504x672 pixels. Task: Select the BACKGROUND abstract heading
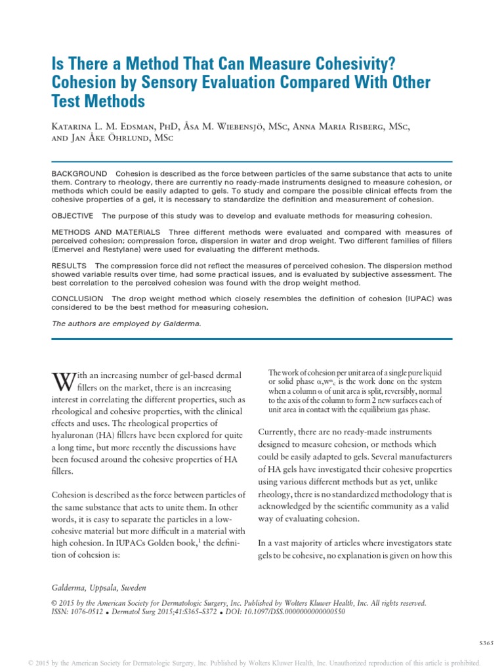[79, 173]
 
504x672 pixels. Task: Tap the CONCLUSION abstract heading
[77, 299]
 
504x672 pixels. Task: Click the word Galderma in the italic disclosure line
[165, 324]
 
